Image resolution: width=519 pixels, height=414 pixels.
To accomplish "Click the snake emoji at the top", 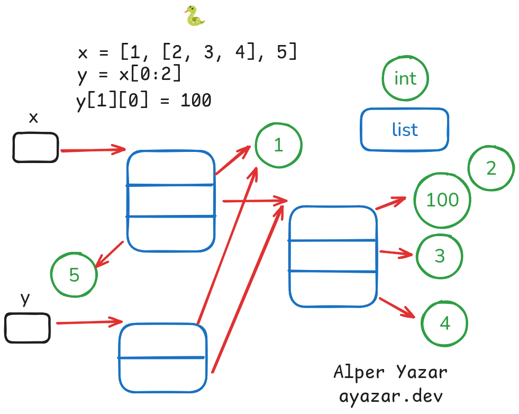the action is coord(195,15).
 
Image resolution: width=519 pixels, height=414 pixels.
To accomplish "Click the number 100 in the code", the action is coord(196,100).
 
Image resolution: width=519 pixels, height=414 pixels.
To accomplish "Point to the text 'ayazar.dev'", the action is coord(390,396).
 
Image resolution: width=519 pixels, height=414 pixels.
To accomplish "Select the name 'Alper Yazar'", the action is coord(390,372).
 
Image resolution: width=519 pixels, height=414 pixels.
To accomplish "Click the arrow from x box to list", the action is coord(93,150).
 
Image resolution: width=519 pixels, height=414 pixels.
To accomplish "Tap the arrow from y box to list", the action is coord(89,322).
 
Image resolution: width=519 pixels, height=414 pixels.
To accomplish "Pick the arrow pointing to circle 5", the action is coord(109,254).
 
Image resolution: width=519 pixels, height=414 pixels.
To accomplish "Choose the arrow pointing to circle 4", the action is coord(397,308).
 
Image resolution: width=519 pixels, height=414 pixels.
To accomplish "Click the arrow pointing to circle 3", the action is coord(396,254).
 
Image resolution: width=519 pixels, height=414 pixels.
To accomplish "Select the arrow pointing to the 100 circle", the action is coord(391,203).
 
